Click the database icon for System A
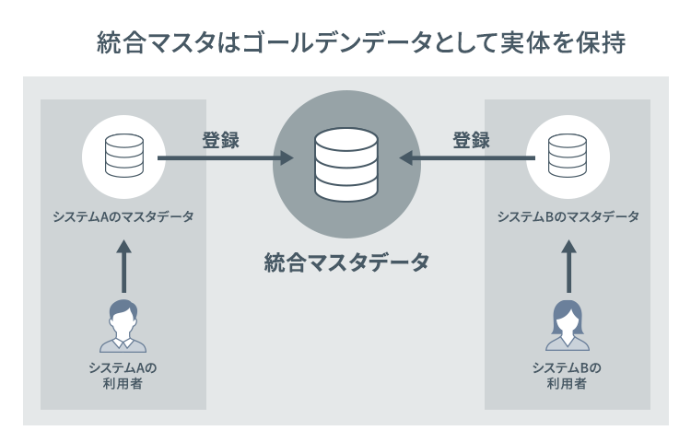point(123,157)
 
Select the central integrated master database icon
point(345,165)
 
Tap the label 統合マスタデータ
point(345,262)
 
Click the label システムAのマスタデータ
point(123,217)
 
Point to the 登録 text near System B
point(471,141)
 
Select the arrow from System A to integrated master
point(225,158)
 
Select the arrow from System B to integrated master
point(466,158)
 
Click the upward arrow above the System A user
point(123,266)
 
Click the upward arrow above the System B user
point(568,266)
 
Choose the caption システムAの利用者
point(123,376)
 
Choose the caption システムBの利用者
point(568,376)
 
